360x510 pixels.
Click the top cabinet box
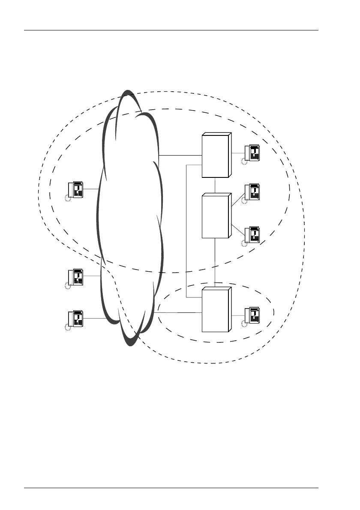[216, 155]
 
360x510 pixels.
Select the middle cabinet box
[216, 216]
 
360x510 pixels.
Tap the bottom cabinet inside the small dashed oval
[216, 309]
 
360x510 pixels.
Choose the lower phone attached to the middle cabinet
[252, 235]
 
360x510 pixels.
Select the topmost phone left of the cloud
[75, 190]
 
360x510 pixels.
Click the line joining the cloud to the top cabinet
[180, 155]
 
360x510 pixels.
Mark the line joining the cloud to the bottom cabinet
[180, 313]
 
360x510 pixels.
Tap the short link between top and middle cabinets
[215, 185]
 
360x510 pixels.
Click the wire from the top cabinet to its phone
[238, 153]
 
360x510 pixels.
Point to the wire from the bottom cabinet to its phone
[238, 316]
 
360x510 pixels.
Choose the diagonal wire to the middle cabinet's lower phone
[237, 229]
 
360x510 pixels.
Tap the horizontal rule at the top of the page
[171, 30]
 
